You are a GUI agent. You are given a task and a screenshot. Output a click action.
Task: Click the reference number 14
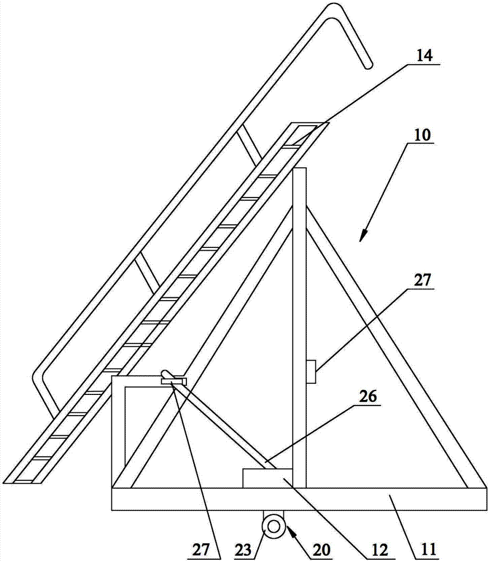424,56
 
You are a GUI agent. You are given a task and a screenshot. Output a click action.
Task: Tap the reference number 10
423,135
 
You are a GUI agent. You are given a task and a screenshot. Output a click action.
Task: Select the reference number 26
368,397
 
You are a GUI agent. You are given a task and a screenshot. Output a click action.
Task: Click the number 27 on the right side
423,280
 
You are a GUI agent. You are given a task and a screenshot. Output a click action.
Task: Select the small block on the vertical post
311,372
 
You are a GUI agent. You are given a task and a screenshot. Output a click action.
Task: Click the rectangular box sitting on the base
267,477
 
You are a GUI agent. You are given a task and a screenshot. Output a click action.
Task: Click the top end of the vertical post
299,168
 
